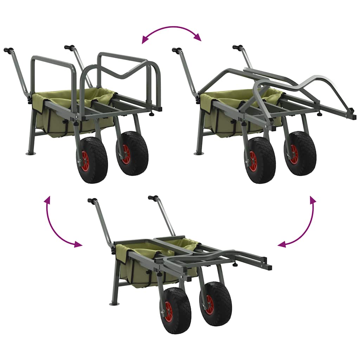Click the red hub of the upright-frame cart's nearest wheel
[85, 161]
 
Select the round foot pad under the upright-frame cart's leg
[31, 154]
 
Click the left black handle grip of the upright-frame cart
[7, 50]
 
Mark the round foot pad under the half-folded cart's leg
[199, 154]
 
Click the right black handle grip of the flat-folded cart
[153, 198]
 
